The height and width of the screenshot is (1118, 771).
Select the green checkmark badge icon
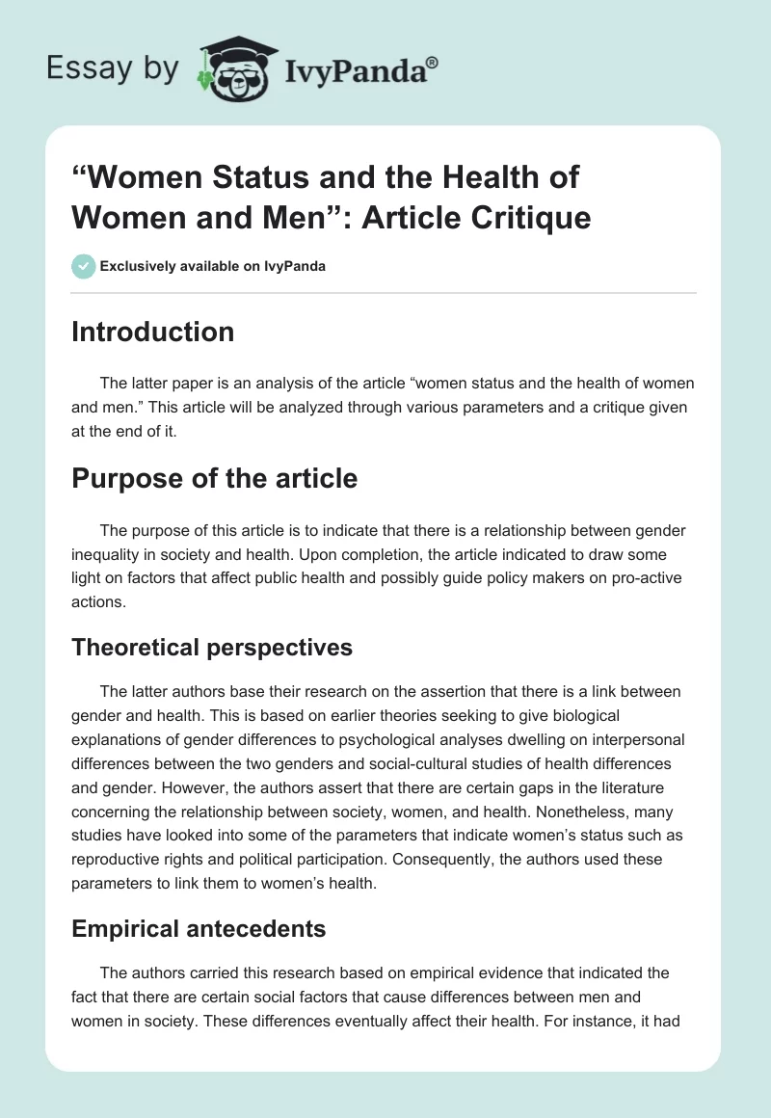84,266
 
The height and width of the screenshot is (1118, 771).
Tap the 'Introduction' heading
152,333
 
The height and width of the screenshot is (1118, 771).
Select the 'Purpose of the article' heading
214,478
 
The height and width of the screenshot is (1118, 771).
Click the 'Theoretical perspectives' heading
212,648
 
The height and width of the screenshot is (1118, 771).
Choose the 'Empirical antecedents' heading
199,929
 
